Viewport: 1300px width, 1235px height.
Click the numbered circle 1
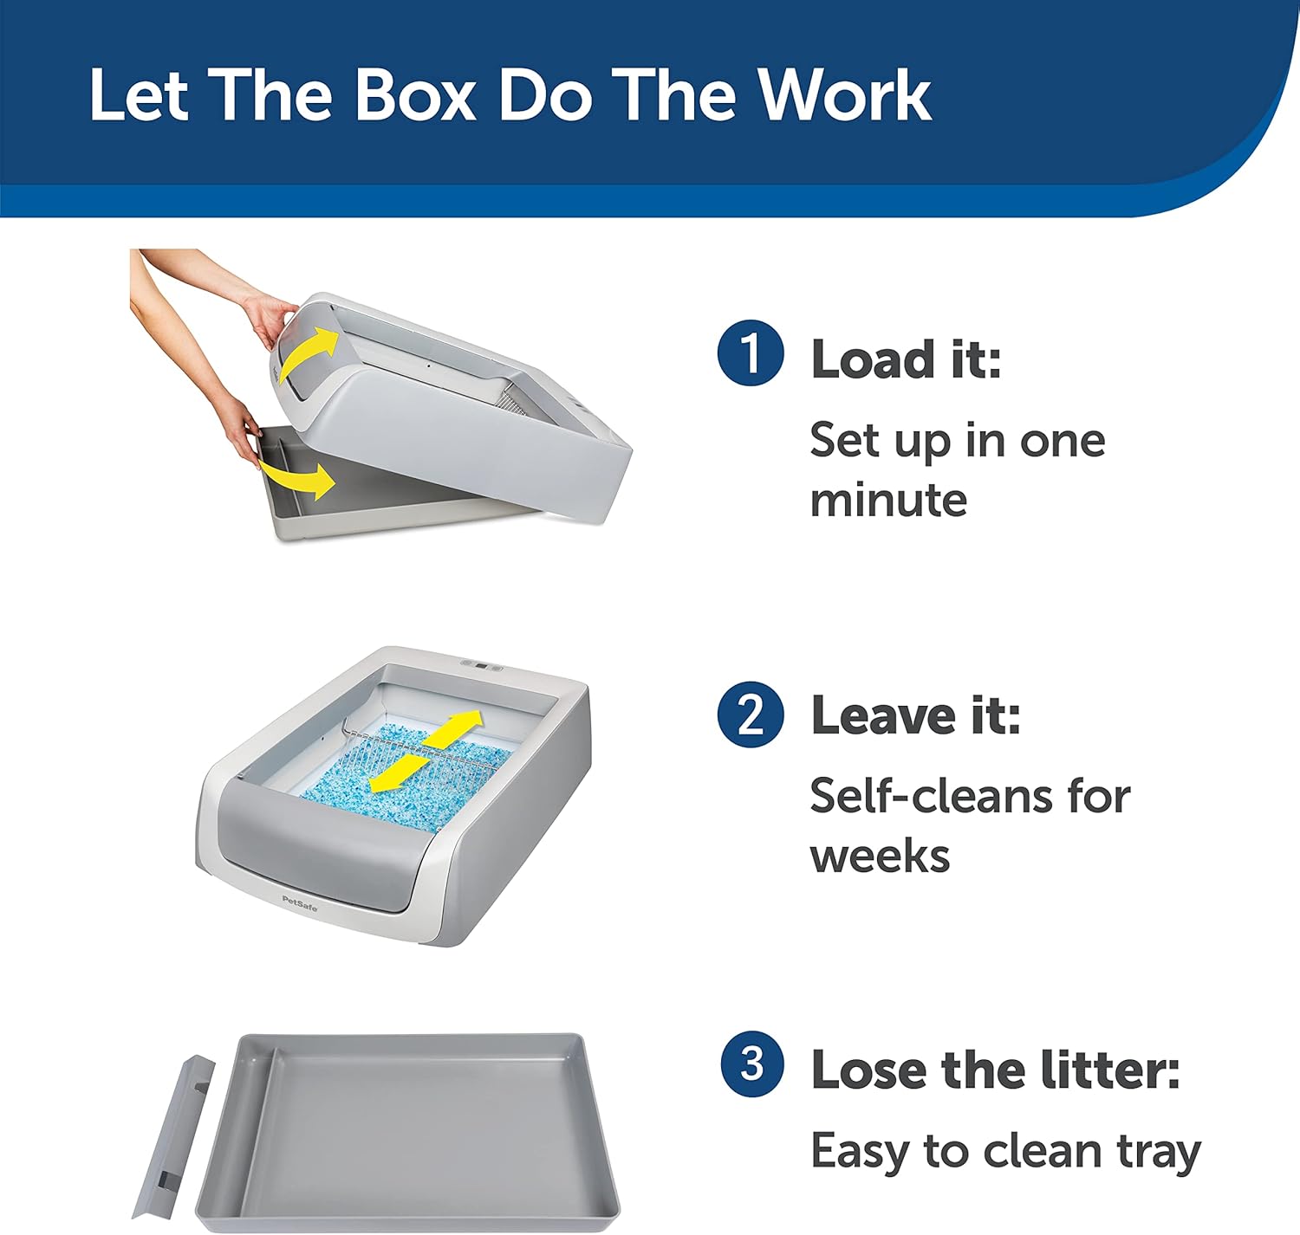click(x=751, y=352)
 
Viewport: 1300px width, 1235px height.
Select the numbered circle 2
click(x=751, y=714)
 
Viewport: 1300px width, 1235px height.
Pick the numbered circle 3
click(x=752, y=1064)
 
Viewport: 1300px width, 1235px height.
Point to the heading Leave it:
click(x=916, y=715)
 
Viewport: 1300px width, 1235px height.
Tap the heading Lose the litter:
click(x=996, y=1069)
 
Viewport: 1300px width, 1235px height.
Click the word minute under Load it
click(x=888, y=500)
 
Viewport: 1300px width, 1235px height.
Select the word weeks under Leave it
click(x=881, y=856)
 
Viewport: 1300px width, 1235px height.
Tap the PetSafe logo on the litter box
click(x=300, y=903)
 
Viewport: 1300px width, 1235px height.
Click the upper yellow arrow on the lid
click(x=309, y=354)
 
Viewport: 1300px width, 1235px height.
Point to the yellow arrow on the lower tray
click(x=297, y=478)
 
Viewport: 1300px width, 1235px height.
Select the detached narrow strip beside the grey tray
click(x=173, y=1136)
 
